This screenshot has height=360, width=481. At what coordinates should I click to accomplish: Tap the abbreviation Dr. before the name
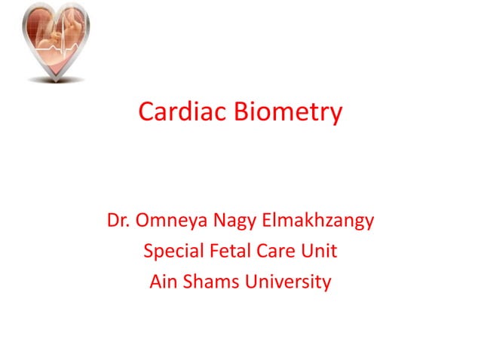point(118,221)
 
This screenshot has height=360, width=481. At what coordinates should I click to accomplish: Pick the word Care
point(272,252)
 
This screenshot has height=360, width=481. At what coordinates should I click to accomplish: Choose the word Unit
point(317,252)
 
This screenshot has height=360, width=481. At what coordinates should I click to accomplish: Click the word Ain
point(162,282)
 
